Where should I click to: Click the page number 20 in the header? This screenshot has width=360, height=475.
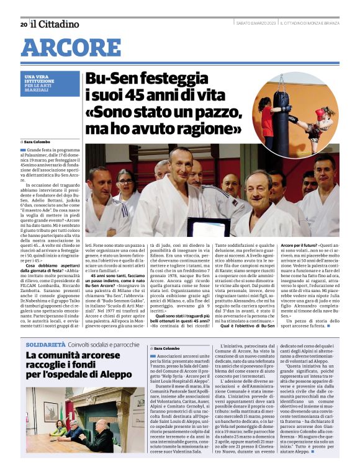click(x=23, y=24)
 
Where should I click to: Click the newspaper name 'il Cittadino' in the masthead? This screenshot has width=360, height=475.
click(x=55, y=24)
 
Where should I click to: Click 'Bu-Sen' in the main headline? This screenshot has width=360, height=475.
click(x=114, y=80)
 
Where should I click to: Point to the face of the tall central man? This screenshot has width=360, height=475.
click(x=180, y=162)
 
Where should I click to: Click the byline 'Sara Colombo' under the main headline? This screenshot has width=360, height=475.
click(x=39, y=142)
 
